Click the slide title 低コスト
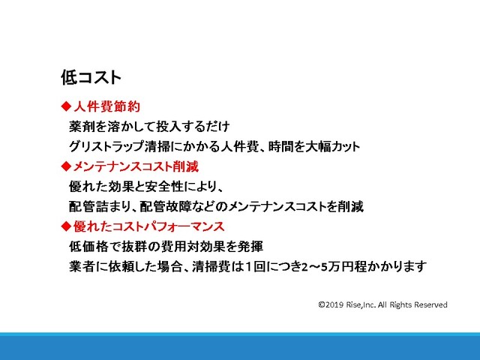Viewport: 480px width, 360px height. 91,77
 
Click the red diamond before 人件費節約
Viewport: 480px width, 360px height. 66,106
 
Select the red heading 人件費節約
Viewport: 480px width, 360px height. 106,106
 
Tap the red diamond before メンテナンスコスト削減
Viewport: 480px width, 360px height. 66,166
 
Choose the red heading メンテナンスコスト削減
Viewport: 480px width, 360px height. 136,166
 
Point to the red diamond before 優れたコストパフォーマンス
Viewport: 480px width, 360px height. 66,226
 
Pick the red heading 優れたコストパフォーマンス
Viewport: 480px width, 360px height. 149,226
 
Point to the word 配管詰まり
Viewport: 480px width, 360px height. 100,207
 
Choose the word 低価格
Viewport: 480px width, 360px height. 88,247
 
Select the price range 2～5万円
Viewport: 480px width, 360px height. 328,266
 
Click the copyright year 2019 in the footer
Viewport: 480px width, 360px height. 334,305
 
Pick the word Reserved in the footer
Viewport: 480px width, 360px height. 430,305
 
